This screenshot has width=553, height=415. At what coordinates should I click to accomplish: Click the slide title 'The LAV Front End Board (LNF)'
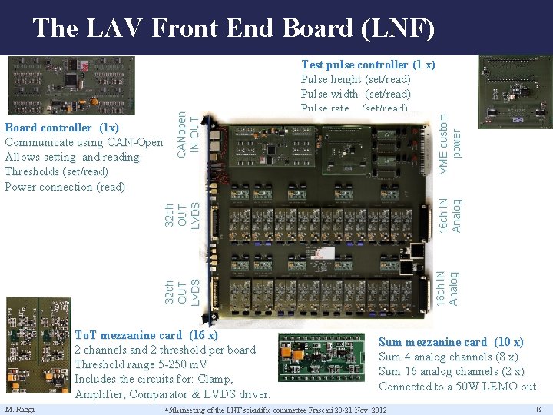point(233,28)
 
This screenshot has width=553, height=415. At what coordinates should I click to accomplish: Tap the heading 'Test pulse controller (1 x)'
point(368,65)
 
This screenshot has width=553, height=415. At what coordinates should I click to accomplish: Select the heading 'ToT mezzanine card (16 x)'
point(146,335)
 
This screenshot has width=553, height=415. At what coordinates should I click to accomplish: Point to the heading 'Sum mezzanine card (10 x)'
point(451,342)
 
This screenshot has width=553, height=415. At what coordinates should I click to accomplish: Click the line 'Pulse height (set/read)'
point(356,79)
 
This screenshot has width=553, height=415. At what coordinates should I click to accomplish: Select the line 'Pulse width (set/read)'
point(356,94)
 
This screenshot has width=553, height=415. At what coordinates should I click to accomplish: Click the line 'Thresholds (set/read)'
point(56,171)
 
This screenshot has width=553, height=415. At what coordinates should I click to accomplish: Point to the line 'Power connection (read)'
point(65,187)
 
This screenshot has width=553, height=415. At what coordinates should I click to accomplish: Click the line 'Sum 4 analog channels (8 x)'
point(448,357)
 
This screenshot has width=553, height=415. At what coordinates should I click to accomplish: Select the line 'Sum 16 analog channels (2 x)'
point(451,371)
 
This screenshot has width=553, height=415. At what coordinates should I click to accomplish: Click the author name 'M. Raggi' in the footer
point(18,408)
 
